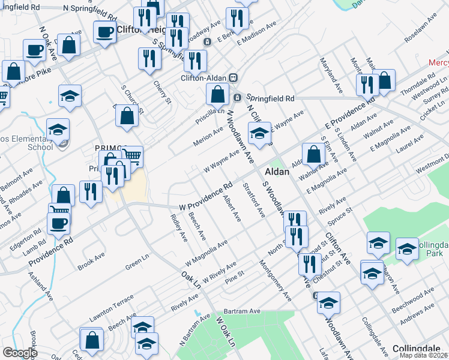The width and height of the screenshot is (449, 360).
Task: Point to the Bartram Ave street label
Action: pos(241,311)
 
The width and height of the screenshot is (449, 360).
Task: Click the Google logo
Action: pos(20,352)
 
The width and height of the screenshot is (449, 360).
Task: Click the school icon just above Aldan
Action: pos(260,134)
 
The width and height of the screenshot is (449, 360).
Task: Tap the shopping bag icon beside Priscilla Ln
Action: pos(217,95)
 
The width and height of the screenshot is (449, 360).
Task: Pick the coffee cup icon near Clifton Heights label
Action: pos(104,33)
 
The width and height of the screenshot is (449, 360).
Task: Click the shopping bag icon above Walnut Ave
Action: pos(313,155)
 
